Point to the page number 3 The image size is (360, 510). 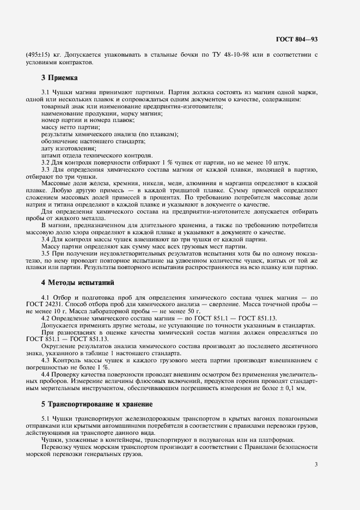[316, 464]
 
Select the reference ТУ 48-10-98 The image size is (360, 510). [240, 55]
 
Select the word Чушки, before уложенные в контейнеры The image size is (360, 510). [52, 440]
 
